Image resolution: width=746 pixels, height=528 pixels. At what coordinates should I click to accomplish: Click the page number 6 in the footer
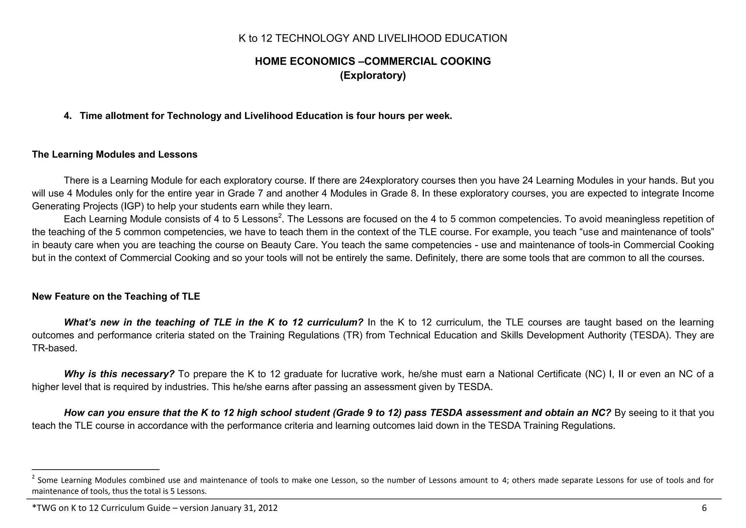[x=704, y=508]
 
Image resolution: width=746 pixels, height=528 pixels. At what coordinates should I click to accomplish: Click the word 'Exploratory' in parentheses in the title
[x=373, y=76]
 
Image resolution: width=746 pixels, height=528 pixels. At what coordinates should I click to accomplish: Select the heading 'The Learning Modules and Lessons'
[x=114, y=155]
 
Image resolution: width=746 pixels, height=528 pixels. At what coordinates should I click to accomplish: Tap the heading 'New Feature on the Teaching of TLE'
[x=116, y=296]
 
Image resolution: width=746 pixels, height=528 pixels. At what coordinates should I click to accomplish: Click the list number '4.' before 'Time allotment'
[x=68, y=116]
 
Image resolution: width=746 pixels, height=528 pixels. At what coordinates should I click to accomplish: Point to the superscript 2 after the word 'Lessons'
[x=280, y=216]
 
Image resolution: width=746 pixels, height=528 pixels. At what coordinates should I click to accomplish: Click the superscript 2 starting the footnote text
[x=34, y=477]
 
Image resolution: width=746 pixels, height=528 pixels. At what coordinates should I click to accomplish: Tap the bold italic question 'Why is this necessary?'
[x=119, y=374]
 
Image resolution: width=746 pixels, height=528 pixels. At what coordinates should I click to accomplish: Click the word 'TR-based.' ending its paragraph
[x=55, y=348]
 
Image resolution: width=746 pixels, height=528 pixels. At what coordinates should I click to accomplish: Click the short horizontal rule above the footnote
[x=95, y=469]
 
